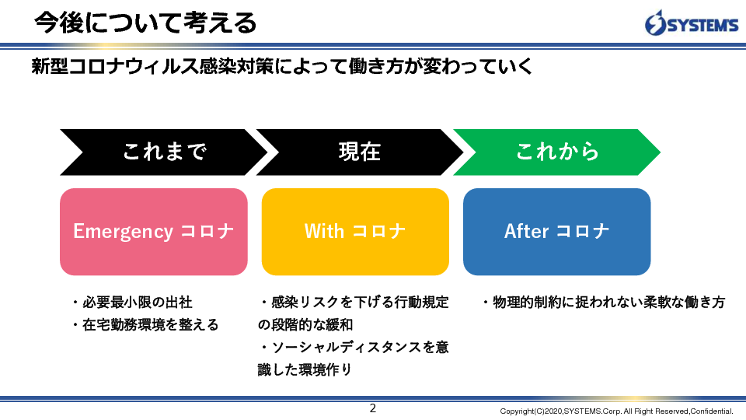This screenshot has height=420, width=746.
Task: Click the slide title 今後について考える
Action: click(x=145, y=23)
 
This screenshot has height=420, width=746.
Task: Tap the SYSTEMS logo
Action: click(x=692, y=23)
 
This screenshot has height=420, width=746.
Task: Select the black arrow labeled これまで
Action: click(x=163, y=152)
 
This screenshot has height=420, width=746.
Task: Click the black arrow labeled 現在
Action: click(x=360, y=152)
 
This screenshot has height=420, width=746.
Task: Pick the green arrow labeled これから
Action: click(x=556, y=152)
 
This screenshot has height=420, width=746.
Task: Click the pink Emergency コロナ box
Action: click(x=154, y=232)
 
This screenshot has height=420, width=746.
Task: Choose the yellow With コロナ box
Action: click(x=355, y=232)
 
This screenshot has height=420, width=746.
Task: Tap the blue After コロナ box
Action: click(x=556, y=232)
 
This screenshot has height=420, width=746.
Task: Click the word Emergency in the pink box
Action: click(x=123, y=233)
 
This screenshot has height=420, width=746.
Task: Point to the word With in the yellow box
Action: click(x=324, y=232)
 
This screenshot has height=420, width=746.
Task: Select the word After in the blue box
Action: click(x=526, y=232)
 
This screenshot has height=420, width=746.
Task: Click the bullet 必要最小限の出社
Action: click(x=132, y=303)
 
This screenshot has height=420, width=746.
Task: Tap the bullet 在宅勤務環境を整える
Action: click(x=145, y=325)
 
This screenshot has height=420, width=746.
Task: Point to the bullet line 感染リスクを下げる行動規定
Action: click(x=354, y=303)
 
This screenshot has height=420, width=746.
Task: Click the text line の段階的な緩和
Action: click(x=305, y=325)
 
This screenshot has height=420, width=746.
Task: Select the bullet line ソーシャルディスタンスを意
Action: click(x=354, y=347)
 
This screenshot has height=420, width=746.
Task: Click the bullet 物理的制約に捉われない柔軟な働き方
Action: click(x=603, y=303)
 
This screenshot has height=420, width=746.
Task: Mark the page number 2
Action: click(x=373, y=408)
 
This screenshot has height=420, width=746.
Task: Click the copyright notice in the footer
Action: click(x=616, y=411)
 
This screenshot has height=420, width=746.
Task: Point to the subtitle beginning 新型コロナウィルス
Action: click(x=281, y=66)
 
